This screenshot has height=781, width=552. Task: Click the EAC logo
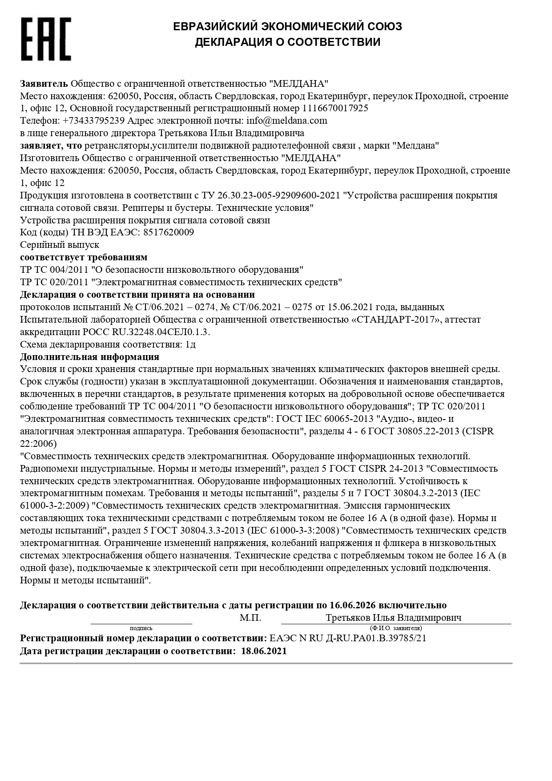point(46,39)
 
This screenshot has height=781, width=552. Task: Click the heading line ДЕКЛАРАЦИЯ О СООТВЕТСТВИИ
point(287,42)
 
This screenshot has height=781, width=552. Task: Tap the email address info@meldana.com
point(286,121)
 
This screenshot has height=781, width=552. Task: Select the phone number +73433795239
point(93,121)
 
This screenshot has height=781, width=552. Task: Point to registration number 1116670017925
point(335,108)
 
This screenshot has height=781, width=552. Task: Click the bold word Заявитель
point(44,83)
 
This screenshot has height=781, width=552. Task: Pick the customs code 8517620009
point(169,232)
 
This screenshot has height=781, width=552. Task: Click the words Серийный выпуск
point(60,245)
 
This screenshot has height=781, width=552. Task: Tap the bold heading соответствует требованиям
point(84,257)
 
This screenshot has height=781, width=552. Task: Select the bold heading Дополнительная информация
point(89,357)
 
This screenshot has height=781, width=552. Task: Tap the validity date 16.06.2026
point(353,605)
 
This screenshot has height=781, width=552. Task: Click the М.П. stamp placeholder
point(250,618)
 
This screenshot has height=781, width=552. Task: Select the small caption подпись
point(141,628)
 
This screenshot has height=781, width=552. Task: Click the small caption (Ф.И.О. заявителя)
point(396,628)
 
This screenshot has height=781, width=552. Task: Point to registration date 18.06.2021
point(264,651)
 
